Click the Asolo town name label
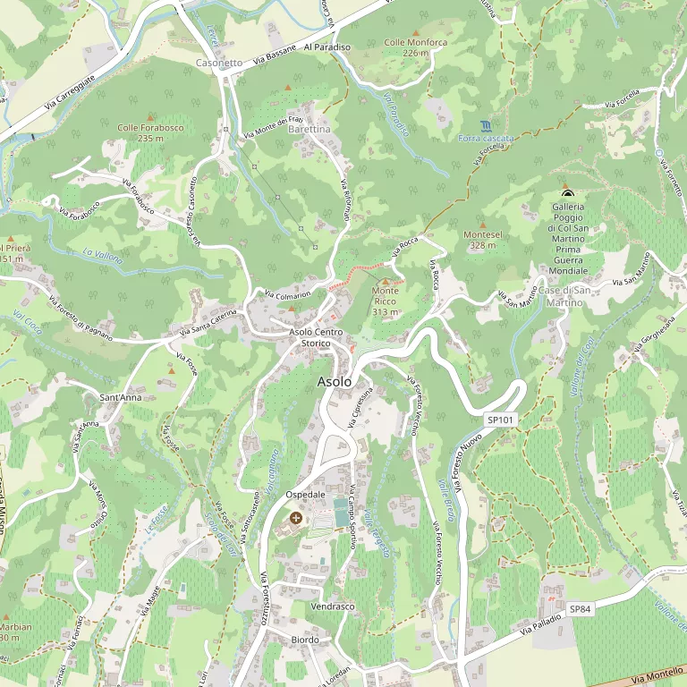pyautogui.click(x=335, y=382)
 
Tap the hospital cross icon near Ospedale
pyautogui.click(x=296, y=518)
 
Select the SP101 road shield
pyautogui.click(x=500, y=420)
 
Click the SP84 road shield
pyautogui.click(x=581, y=609)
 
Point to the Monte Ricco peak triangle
pyautogui.click(x=386, y=282)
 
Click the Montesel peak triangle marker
pyautogui.click(x=483, y=225)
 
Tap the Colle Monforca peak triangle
pyautogui.click(x=415, y=33)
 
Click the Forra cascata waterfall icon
pyautogui.click(x=485, y=125)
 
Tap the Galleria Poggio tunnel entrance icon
pyautogui.click(x=566, y=192)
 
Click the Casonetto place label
pyautogui.click(x=218, y=63)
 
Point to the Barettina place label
pyautogui.click(x=310, y=130)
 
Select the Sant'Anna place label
pyautogui.click(x=120, y=396)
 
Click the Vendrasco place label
pyautogui.click(x=332, y=606)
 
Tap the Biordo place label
pyautogui.click(x=305, y=640)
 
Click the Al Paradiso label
pyautogui.click(x=327, y=46)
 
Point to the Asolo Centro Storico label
pyautogui.click(x=316, y=337)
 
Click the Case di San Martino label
pyautogui.click(x=564, y=296)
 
